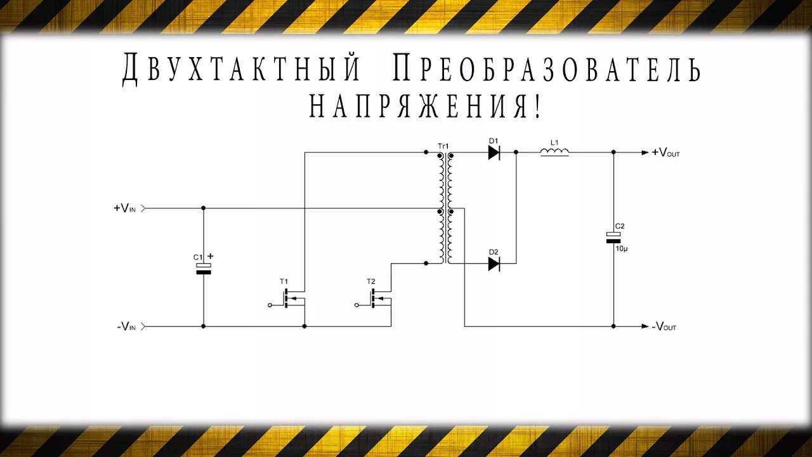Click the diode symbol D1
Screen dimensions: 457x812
pos(494,152)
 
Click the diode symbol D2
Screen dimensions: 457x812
pos(494,263)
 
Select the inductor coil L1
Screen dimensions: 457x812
pos(554,152)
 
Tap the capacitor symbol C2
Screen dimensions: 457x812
pos(613,237)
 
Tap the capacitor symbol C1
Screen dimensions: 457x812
pos(203,268)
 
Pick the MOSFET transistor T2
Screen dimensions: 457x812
pos(379,298)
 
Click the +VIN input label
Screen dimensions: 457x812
pos(125,208)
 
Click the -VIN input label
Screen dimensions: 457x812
pos(126,326)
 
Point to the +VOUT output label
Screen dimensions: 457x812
pos(665,152)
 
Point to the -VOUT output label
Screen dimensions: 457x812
pos(664,326)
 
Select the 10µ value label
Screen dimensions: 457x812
pos(622,248)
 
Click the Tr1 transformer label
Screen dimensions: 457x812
pos(443,146)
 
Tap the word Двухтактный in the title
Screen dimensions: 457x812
pos(241,69)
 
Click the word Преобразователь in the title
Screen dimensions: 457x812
pos(547,69)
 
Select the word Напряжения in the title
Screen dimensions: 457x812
pos(426,106)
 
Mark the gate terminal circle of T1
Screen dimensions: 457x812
pos(270,305)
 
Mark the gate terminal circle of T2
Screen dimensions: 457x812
pos(357,305)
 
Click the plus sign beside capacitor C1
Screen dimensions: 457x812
pos(211,256)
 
